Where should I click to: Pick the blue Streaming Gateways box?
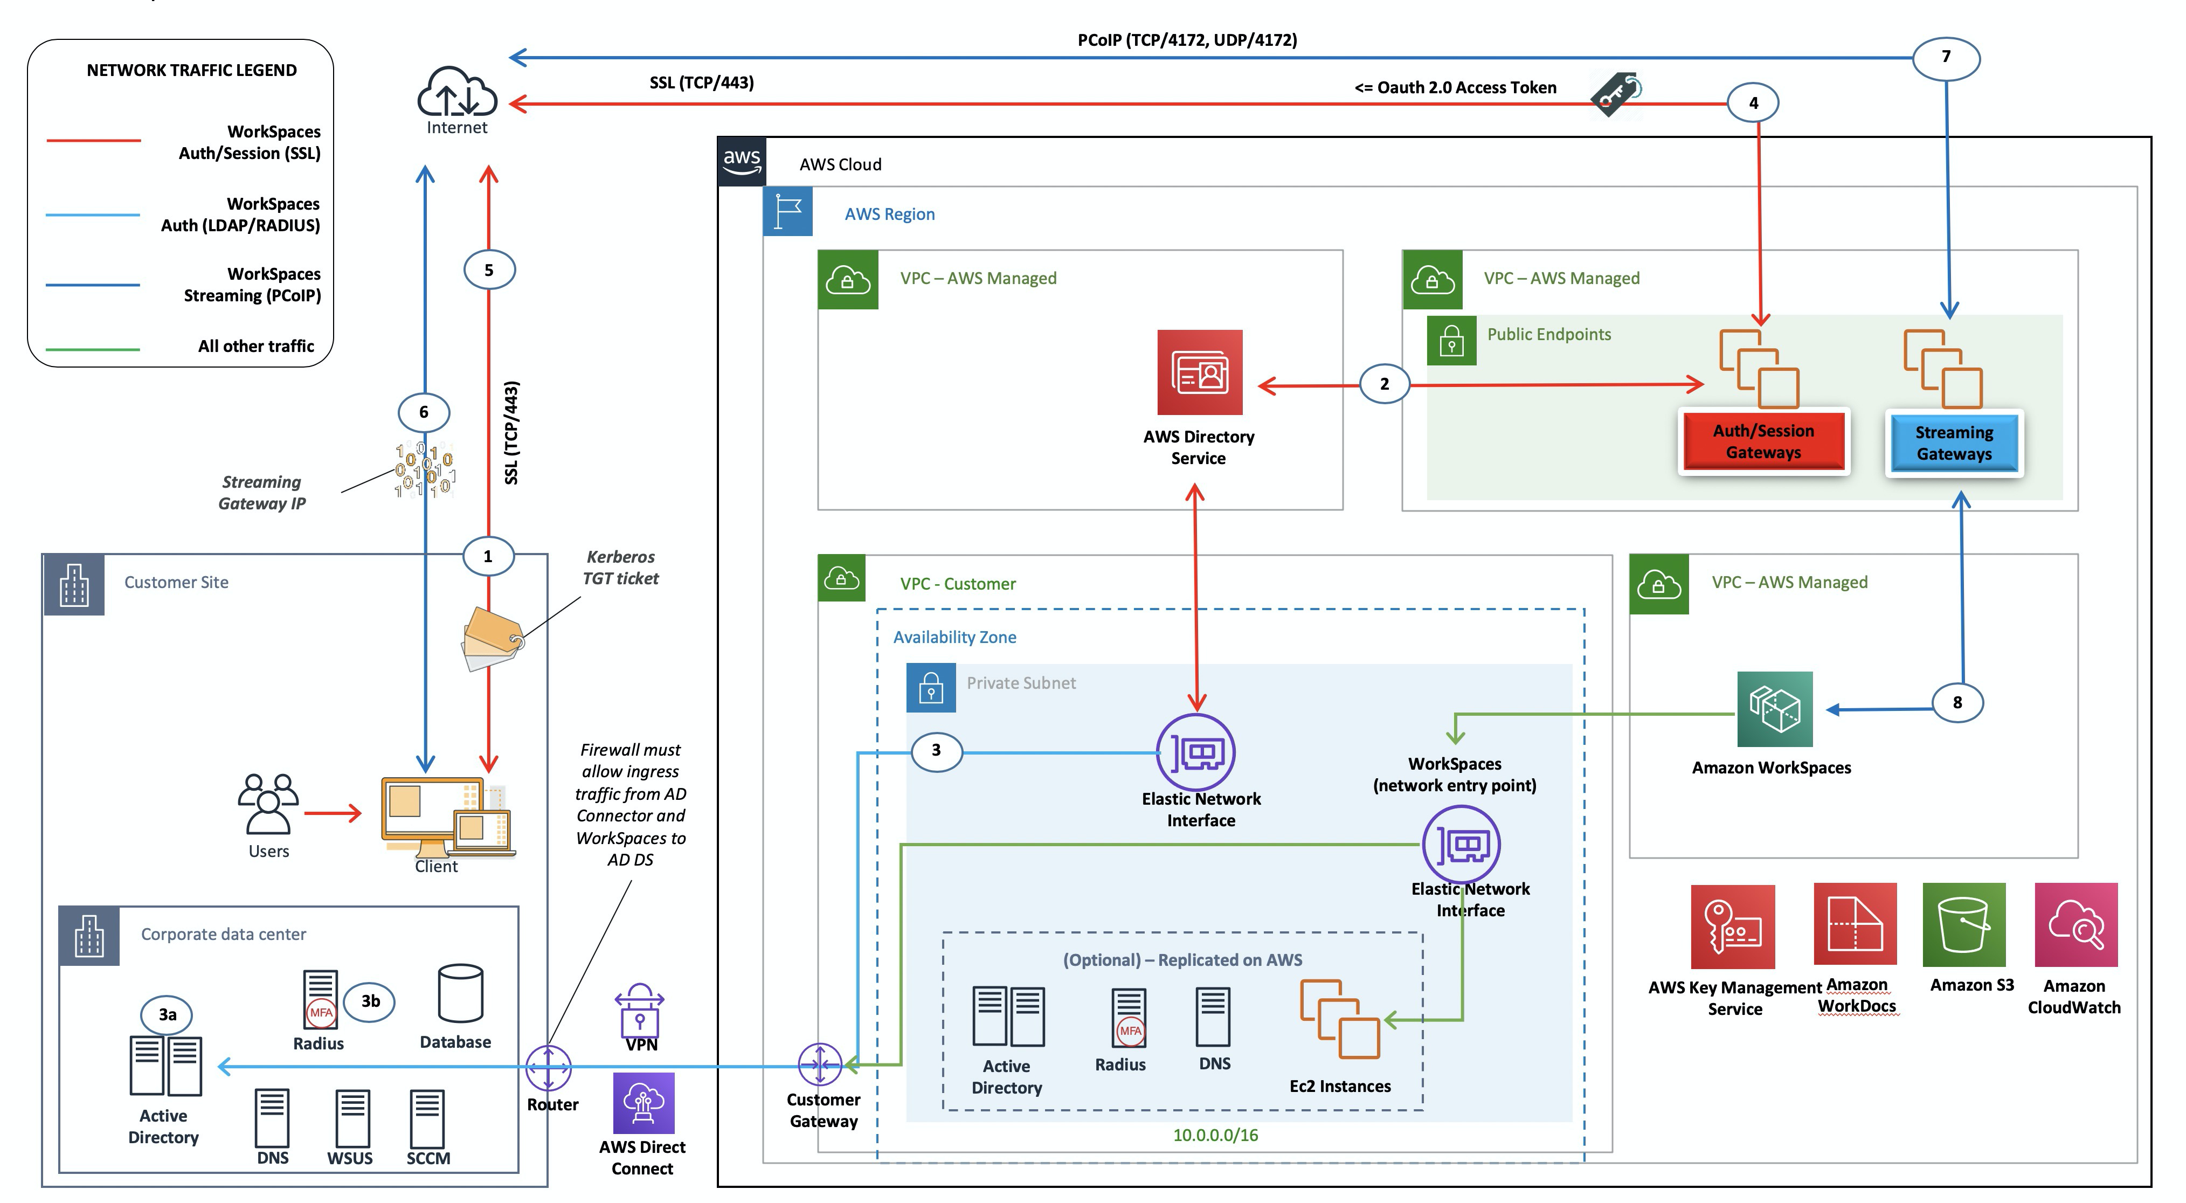pyautogui.click(x=1954, y=443)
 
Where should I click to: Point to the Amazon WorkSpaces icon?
pyautogui.click(x=1774, y=709)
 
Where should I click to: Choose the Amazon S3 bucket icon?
pyautogui.click(x=1963, y=925)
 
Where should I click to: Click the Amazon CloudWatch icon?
pyautogui.click(x=2076, y=925)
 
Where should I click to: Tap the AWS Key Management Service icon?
pyautogui.click(x=1732, y=927)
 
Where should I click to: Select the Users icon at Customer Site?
pyautogui.click(x=268, y=804)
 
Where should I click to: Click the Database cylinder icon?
pyautogui.click(x=460, y=994)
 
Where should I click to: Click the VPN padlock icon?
pyautogui.click(x=640, y=1010)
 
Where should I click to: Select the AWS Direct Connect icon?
pyautogui.click(x=643, y=1103)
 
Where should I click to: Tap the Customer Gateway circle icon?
pyautogui.click(x=820, y=1064)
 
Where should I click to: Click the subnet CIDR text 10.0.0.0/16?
pyautogui.click(x=1215, y=1135)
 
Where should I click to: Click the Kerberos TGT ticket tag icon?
pyautogui.click(x=492, y=638)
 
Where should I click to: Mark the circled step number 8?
pyautogui.click(x=1957, y=702)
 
